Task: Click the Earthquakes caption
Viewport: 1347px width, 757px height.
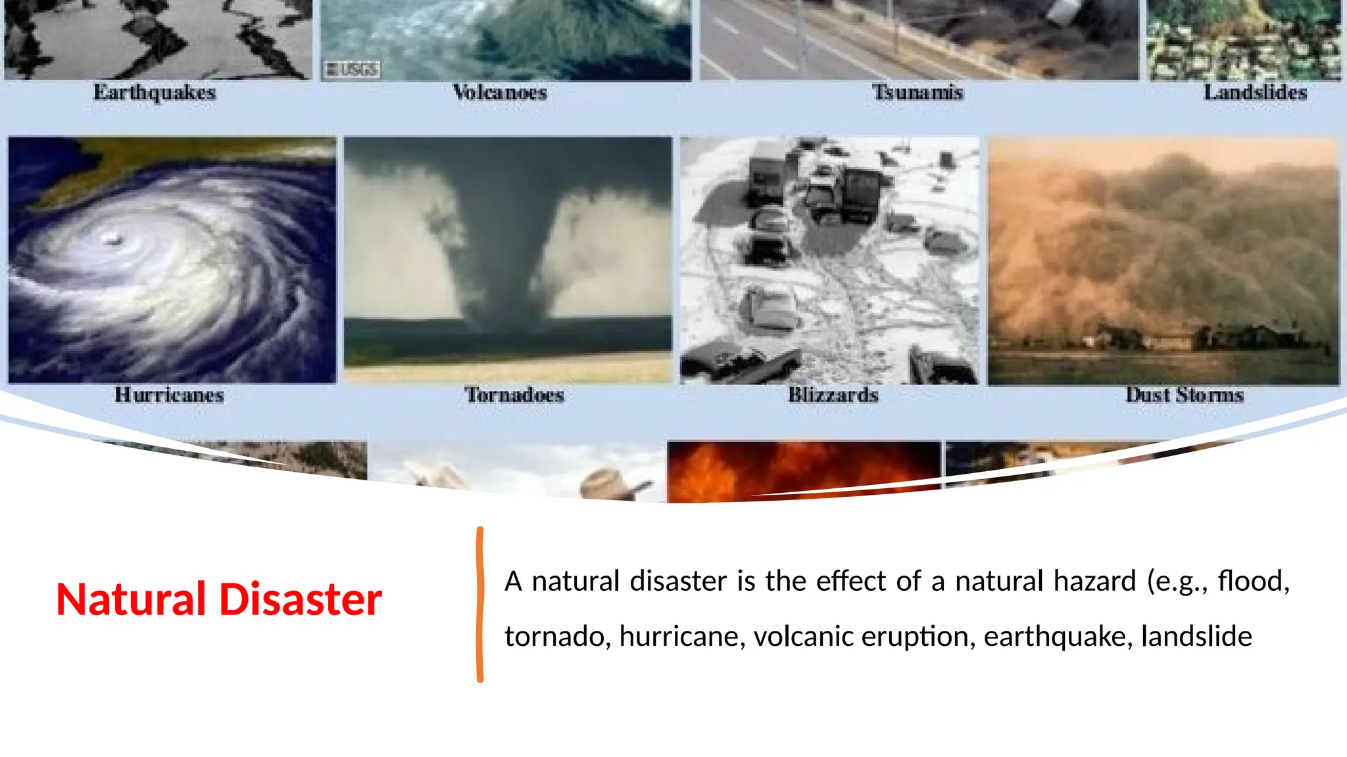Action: (155, 93)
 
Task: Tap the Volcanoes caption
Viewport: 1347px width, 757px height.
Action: (500, 93)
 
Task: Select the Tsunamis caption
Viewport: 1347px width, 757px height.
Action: (918, 93)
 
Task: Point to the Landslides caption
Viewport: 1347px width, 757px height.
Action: (1255, 93)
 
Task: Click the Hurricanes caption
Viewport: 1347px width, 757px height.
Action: (169, 395)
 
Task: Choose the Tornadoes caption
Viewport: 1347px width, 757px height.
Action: (514, 395)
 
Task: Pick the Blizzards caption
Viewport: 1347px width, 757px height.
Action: (833, 395)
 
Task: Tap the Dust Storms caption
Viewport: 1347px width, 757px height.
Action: (1185, 395)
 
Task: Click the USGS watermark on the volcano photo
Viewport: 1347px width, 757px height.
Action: (352, 69)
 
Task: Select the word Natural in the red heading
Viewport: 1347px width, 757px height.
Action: (131, 599)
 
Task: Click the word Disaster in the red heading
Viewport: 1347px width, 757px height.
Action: (300, 599)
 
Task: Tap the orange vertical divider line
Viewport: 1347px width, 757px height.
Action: (480, 605)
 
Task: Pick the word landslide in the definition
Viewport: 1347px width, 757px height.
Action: (1196, 636)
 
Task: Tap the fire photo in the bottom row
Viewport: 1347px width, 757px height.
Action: (804, 470)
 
